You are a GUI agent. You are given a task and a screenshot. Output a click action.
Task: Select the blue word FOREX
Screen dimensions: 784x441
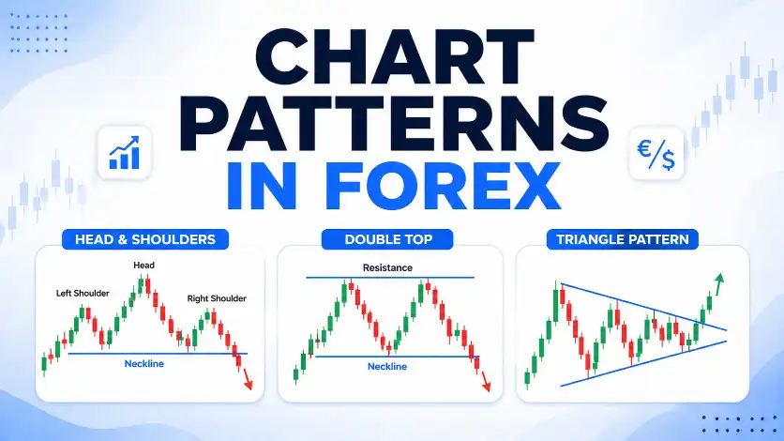point(443,186)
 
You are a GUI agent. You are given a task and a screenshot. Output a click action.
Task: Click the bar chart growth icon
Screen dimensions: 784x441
point(124,153)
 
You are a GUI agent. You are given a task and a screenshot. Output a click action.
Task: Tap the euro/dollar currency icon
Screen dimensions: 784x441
point(656,154)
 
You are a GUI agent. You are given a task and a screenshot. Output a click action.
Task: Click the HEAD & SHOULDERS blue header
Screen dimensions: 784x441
point(145,239)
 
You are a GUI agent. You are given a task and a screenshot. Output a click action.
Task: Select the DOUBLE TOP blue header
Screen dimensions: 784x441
point(388,239)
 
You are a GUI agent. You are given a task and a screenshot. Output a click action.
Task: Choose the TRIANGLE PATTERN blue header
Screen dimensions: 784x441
point(623,239)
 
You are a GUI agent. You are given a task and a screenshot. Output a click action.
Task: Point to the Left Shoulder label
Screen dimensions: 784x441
point(83,294)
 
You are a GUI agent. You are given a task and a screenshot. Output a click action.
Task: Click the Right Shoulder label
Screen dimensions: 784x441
point(217,298)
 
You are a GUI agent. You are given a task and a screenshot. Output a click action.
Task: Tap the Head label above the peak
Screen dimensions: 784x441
point(144,265)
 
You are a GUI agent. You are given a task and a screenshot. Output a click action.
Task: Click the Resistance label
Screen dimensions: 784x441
point(387,268)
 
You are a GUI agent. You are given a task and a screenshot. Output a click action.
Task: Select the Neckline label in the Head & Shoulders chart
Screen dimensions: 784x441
point(144,363)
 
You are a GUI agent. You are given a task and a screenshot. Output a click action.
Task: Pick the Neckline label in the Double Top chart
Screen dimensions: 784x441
point(387,367)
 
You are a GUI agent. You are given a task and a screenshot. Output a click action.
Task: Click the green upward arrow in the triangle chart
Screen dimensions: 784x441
point(718,284)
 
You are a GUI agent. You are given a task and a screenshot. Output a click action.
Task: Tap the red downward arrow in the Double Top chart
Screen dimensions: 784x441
point(485,382)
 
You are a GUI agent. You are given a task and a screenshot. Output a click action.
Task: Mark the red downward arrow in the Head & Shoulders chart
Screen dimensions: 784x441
point(247,379)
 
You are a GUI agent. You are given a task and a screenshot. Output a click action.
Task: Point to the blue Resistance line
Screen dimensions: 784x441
point(390,277)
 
